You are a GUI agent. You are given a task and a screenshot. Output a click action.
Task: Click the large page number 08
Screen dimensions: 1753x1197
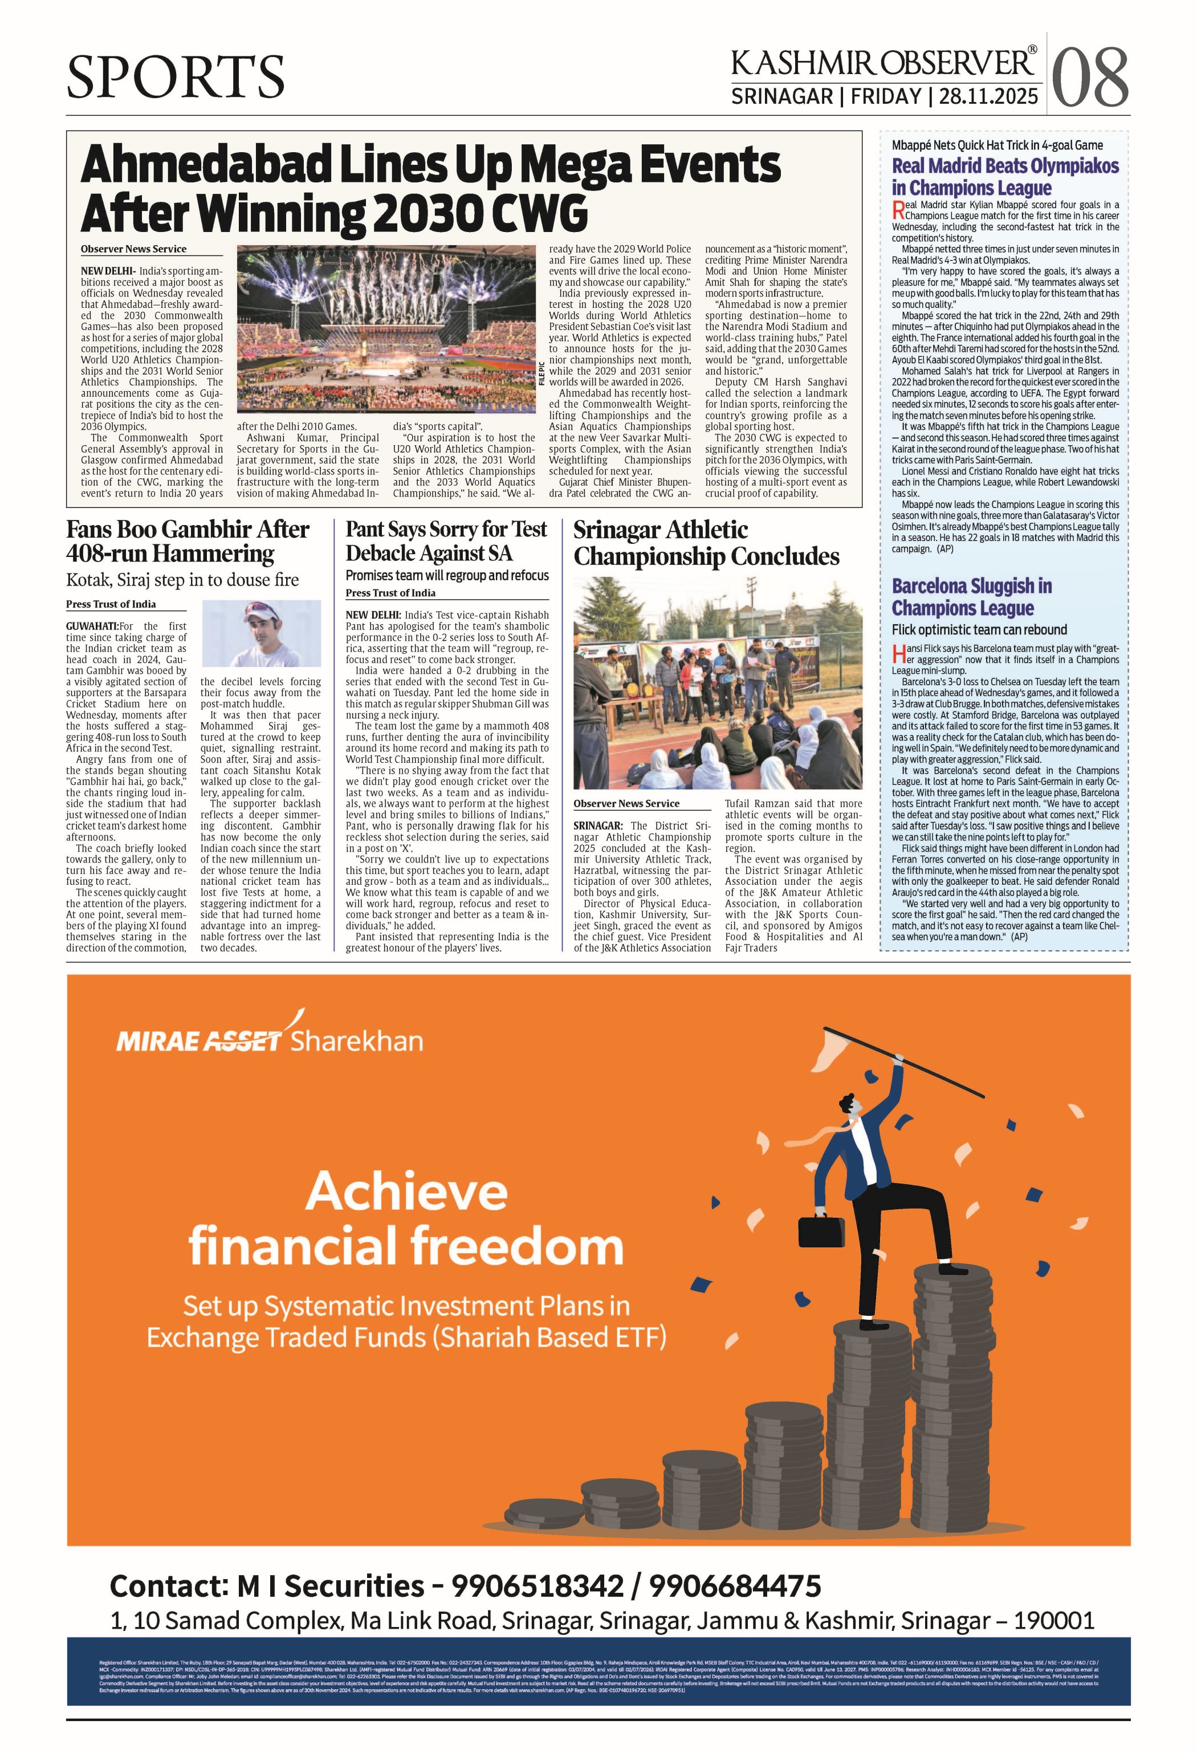coord(1090,78)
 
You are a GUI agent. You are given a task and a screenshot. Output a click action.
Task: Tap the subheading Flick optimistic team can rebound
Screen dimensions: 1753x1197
coord(979,629)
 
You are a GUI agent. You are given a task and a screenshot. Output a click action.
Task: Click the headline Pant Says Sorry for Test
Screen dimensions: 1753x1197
coord(446,530)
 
